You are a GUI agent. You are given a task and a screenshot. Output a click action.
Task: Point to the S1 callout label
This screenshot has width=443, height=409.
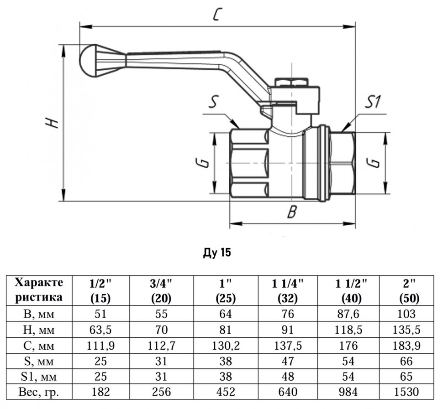click(x=373, y=102)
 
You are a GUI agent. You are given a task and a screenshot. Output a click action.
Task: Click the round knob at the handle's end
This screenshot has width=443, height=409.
click(x=88, y=61)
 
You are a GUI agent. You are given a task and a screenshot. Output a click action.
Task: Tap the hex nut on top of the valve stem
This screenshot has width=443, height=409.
click(x=291, y=81)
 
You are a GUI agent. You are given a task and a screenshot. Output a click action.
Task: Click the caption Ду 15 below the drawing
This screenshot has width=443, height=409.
click(x=216, y=253)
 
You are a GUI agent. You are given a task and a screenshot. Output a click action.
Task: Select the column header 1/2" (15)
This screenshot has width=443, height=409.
click(x=100, y=290)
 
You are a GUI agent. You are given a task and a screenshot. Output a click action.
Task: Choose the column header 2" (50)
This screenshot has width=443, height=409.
click(x=409, y=290)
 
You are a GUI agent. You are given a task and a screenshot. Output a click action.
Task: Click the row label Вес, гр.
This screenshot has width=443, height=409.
click(x=39, y=392)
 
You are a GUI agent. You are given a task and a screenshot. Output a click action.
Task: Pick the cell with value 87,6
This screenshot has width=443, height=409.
click(x=348, y=314)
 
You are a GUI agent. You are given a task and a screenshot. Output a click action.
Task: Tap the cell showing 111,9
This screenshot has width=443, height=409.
click(x=100, y=346)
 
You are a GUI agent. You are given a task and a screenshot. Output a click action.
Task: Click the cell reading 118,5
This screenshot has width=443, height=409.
click(x=348, y=330)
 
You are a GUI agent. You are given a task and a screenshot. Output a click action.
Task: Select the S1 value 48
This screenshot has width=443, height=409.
click(x=288, y=376)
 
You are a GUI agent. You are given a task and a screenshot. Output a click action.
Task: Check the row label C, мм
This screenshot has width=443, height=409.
click(x=39, y=346)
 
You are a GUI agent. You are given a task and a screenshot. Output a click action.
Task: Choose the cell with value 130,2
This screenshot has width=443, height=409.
click(x=226, y=346)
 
